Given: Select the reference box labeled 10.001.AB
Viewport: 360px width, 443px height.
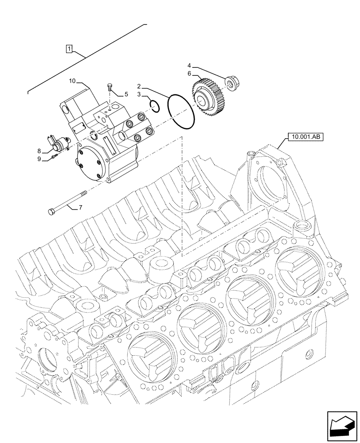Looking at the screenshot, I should click(x=306, y=137).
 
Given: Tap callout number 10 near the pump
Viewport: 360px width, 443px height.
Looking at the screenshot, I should click(x=73, y=81).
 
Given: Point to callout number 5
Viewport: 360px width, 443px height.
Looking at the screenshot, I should click(x=125, y=94).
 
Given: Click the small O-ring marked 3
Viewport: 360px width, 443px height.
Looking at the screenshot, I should click(x=154, y=105).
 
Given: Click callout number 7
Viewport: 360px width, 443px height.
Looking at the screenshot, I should click(x=81, y=207).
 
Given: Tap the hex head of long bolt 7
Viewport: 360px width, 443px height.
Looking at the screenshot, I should click(x=51, y=211).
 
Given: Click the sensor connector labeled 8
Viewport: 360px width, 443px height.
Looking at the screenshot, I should click(x=57, y=144).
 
